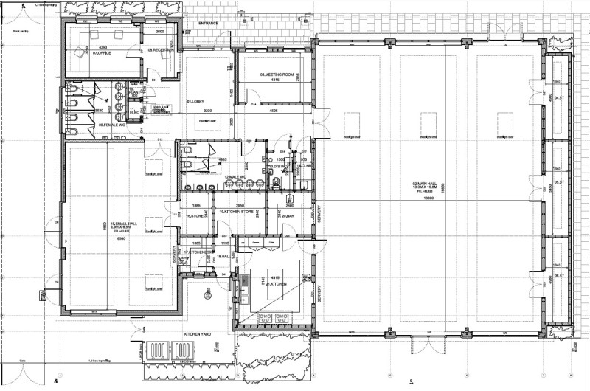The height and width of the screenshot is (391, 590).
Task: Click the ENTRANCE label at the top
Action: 209,24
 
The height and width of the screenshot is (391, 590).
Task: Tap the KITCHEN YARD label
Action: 198,334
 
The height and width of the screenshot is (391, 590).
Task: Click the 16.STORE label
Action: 195,216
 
